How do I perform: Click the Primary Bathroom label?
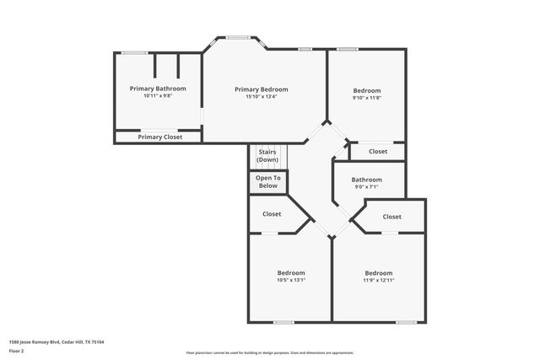click(x=158, y=89)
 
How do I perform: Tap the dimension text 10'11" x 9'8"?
click(x=158, y=96)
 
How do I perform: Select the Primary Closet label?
click(x=160, y=137)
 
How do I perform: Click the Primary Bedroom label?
click(x=262, y=89)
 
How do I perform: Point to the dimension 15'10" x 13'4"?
click(x=262, y=97)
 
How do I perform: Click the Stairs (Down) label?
click(x=267, y=156)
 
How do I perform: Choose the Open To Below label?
click(x=267, y=181)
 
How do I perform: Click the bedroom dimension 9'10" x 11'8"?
click(x=367, y=98)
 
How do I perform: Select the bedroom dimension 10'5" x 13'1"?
click(x=291, y=280)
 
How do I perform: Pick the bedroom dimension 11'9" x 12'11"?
click(x=379, y=280)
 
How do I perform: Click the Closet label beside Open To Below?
click(x=272, y=214)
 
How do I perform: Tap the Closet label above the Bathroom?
click(x=378, y=152)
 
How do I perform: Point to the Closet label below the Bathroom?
click(x=392, y=217)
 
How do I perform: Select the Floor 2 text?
click(x=16, y=351)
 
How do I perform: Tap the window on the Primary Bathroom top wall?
click(x=134, y=53)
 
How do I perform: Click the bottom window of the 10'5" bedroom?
click(x=283, y=322)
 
